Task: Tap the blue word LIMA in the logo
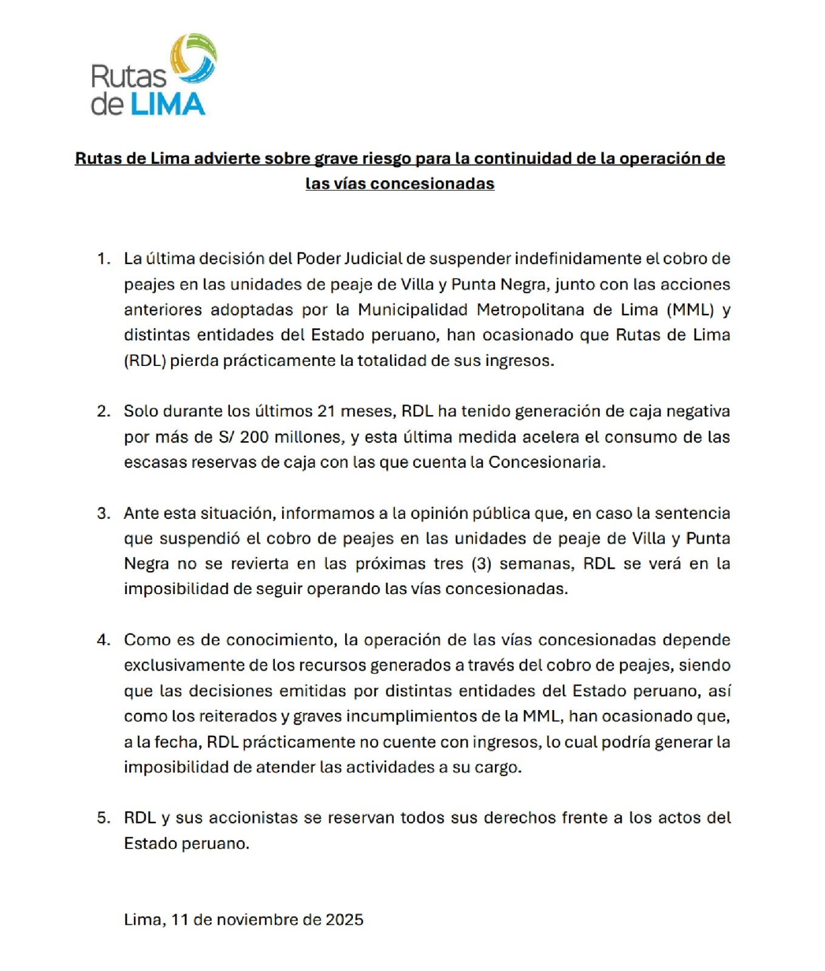[x=167, y=104]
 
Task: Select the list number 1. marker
[x=104, y=259]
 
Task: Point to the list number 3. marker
[x=104, y=513]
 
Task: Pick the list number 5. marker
[x=104, y=818]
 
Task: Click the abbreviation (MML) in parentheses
[x=690, y=310]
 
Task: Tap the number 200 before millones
[x=254, y=437]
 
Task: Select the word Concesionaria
[x=546, y=462]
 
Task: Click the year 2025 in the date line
[x=344, y=920]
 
